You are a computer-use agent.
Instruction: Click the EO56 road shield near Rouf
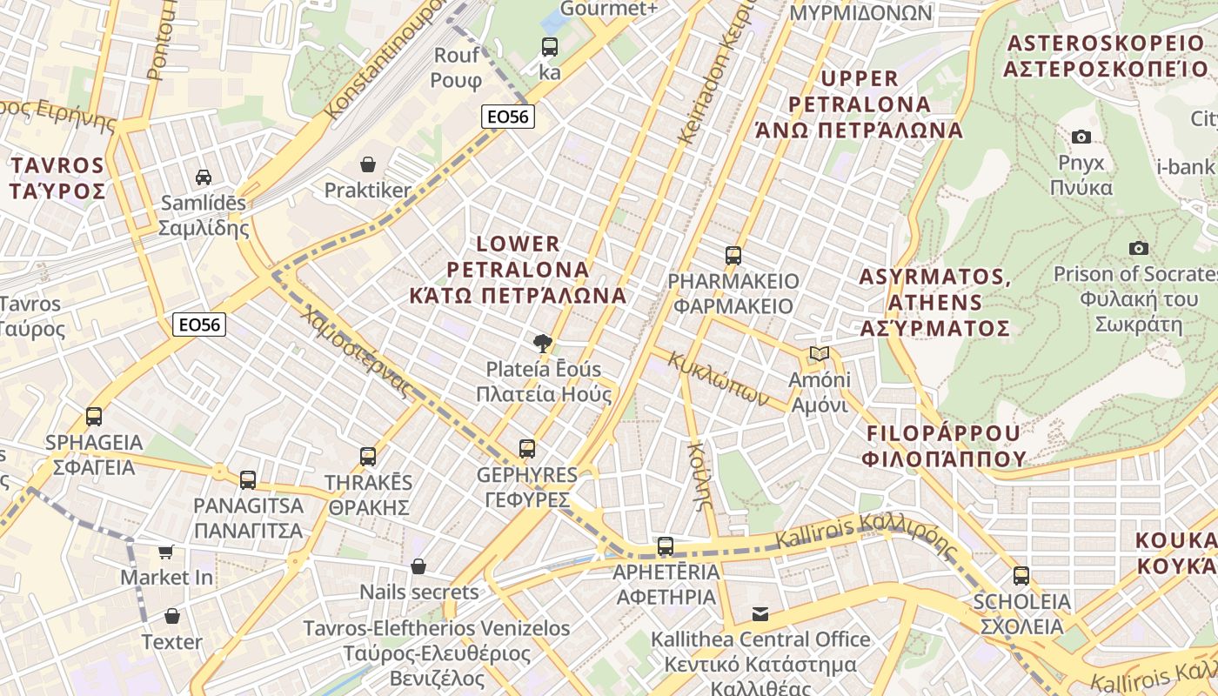pyautogui.click(x=508, y=117)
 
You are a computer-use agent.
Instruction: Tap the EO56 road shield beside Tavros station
pyautogui.click(x=199, y=325)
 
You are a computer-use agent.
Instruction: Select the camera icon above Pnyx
pyautogui.click(x=1081, y=137)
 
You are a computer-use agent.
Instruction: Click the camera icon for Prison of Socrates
pyautogui.click(x=1138, y=249)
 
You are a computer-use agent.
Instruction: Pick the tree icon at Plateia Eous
pyautogui.click(x=543, y=343)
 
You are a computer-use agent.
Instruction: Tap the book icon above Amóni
pyautogui.click(x=819, y=353)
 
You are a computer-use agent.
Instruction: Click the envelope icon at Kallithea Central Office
pyautogui.click(x=760, y=614)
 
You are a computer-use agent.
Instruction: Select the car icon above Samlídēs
pyautogui.click(x=203, y=177)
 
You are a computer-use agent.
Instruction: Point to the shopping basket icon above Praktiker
pyautogui.click(x=368, y=164)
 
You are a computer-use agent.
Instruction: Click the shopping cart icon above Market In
pyautogui.click(x=165, y=552)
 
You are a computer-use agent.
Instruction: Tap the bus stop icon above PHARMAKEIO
pyautogui.click(x=733, y=256)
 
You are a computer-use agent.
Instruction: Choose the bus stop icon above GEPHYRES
pyautogui.click(x=526, y=449)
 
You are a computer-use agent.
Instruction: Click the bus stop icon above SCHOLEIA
pyautogui.click(x=1021, y=575)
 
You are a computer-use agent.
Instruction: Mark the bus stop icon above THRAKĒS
pyautogui.click(x=368, y=456)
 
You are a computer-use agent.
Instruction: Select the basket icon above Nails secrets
pyautogui.click(x=418, y=566)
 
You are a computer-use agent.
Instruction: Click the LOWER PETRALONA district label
pyautogui.click(x=519, y=269)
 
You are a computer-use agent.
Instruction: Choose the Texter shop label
pyautogui.click(x=171, y=642)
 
